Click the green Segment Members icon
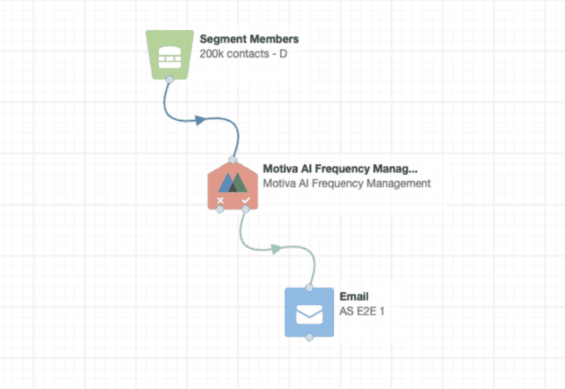(x=170, y=53)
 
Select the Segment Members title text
(x=249, y=39)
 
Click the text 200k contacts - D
(x=243, y=54)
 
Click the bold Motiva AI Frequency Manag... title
(x=340, y=168)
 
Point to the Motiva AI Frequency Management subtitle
(x=347, y=183)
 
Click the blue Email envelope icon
(x=309, y=313)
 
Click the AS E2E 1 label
(x=362, y=311)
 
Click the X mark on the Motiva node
(x=220, y=200)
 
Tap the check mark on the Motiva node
(x=246, y=200)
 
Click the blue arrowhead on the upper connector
(x=199, y=120)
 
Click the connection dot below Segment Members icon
(x=169, y=78)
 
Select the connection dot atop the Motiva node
(x=232, y=159)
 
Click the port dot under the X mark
(x=220, y=210)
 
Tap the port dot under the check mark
(x=246, y=210)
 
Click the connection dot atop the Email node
(x=309, y=288)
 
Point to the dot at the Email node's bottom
(x=309, y=338)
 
